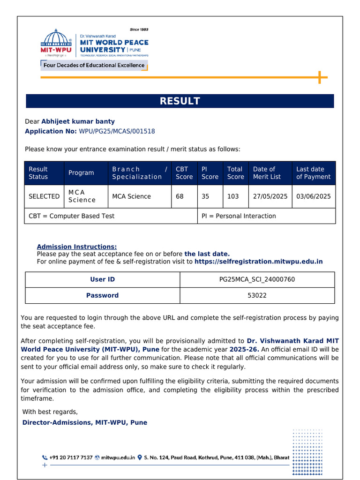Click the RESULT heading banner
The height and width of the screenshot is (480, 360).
click(x=180, y=101)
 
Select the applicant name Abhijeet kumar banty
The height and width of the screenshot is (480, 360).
click(x=78, y=121)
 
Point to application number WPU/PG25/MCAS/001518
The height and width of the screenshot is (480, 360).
click(x=117, y=131)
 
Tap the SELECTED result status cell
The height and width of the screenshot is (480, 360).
click(x=44, y=196)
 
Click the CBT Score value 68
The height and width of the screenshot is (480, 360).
click(x=180, y=196)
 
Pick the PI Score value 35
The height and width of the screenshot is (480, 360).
click(x=205, y=196)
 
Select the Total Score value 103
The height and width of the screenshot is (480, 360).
click(x=233, y=196)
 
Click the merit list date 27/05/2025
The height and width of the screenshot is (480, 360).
click(x=270, y=196)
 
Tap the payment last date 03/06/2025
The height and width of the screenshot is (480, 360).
click(x=313, y=196)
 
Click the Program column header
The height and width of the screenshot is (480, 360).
click(x=81, y=173)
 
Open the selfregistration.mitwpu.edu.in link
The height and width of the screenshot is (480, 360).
click(x=258, y=262)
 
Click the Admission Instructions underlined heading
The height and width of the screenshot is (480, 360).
click(x=77, y=247)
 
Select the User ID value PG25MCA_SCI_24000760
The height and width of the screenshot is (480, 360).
click(x=257, y=279)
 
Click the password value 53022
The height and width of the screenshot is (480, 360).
click(x=257, y=295)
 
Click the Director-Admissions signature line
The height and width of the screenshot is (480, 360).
click(x=85, y=422)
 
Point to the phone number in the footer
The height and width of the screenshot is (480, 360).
click(x=71, y=457)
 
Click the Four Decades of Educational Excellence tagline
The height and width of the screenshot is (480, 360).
click(x=94, y=66)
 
